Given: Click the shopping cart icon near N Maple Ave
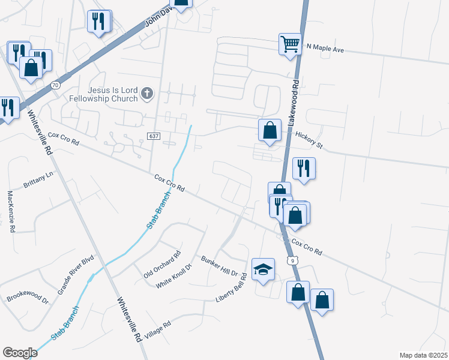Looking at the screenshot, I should tap(290, 44).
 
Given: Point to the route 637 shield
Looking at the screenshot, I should tap(153, 137).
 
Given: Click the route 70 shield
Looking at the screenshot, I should tap(55, 85).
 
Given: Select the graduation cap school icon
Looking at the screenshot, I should tap(263, 269).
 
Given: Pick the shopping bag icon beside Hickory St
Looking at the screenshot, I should tap(270, 130).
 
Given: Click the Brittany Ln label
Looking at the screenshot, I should tap(38, 180).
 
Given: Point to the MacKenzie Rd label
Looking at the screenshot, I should tap(11, 211).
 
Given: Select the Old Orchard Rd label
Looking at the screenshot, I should tap(162, 265).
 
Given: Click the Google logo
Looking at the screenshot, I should tap(20, 353).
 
